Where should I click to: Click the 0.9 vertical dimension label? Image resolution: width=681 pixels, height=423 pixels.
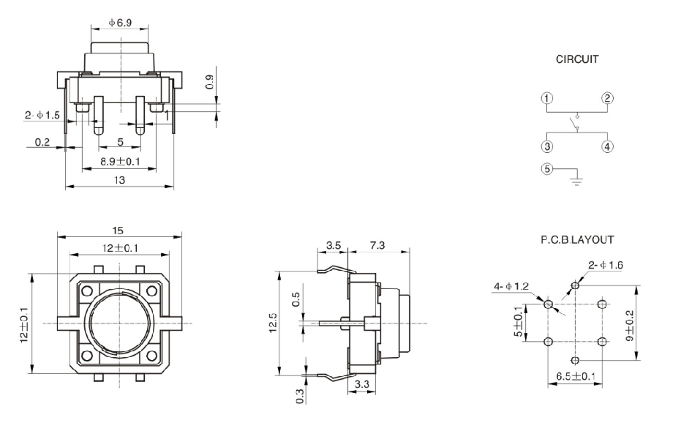point(209,82)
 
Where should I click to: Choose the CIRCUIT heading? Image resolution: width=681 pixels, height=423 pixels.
point(576,59)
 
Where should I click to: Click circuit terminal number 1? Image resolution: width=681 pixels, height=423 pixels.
point(546,99)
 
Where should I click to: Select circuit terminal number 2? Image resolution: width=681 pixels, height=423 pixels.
point(607,99)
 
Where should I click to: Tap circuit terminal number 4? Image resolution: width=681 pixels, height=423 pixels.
point(607,145)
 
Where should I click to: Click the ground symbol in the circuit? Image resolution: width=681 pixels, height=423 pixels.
point(577,178)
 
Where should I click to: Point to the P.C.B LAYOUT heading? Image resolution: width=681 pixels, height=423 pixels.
point(577,239)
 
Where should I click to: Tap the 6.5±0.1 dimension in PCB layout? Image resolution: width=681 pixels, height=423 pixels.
point(575,378)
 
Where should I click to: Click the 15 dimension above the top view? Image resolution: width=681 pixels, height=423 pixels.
point(118,230)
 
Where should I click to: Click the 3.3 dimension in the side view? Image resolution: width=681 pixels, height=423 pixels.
point(362,384)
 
